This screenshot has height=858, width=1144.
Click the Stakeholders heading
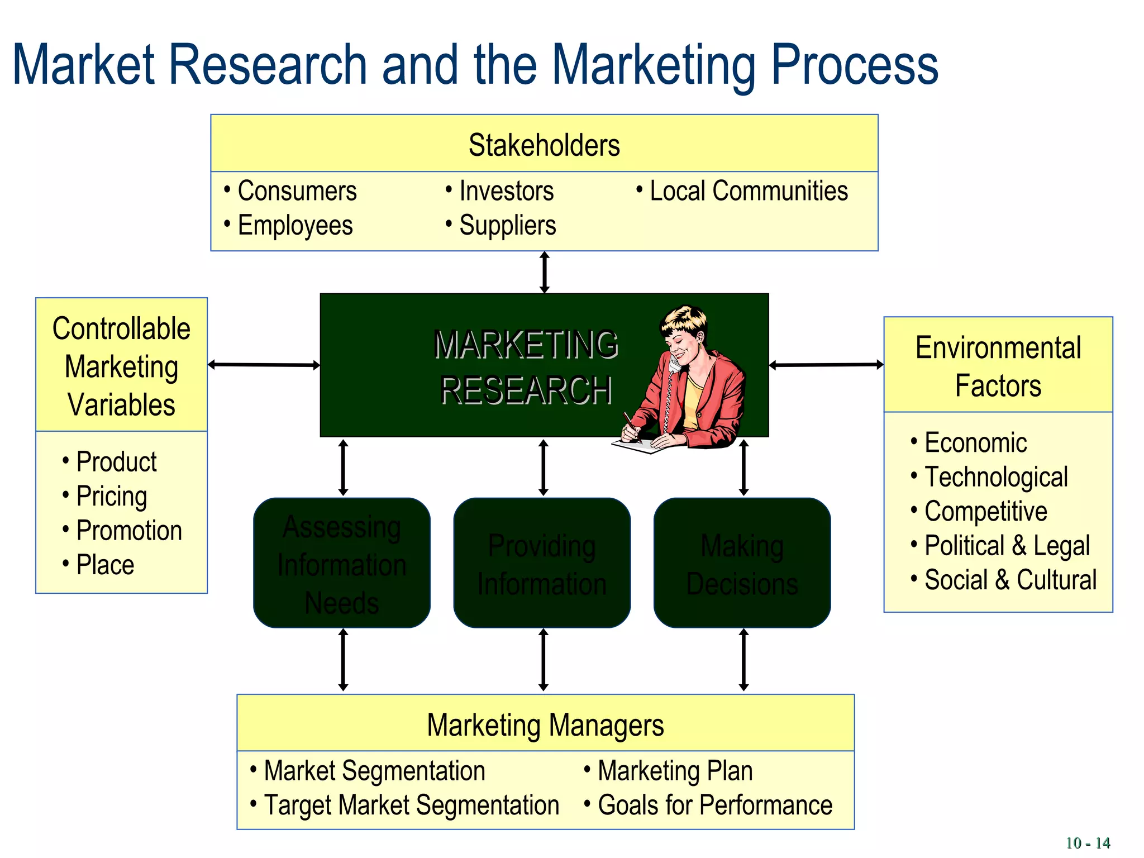[x=544, y=145]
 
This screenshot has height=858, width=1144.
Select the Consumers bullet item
[x=297, y=191]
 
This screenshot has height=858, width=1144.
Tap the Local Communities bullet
[x=749, y=191]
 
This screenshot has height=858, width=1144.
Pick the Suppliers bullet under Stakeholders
[x=507, y=226]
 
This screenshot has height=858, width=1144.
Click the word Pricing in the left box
[x=112, y=497]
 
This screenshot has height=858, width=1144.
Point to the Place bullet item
[x=105, y=565]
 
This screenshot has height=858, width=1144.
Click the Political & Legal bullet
[x=1007, y=546]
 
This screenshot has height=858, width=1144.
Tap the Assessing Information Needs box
[x=342, y=563]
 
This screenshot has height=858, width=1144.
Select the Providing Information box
[x=542, y=563]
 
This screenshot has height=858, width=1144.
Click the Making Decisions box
[x=742, y=563]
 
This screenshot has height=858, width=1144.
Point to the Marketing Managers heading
[x=545, y=725]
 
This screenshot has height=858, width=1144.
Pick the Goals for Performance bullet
[x=715, y=805]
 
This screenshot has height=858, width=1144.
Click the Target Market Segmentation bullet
[x=411, y=805]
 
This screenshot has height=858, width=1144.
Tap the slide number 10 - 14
[x=1087, y=843]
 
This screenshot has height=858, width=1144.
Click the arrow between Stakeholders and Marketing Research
[x=545, y=273]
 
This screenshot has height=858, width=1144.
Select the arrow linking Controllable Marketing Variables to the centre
[x=264, y=365]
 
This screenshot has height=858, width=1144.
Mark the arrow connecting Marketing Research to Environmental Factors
[x=826, y=365]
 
